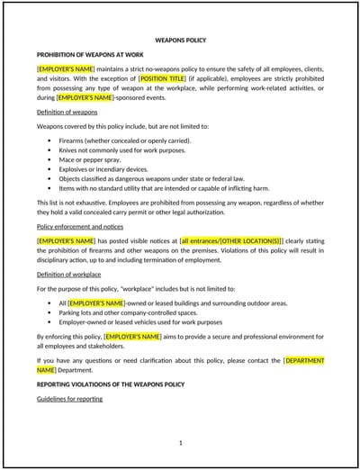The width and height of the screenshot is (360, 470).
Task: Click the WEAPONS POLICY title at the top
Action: pos(181,41)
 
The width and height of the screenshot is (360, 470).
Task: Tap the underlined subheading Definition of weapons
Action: pos(67,112)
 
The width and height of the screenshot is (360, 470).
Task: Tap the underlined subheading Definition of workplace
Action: pos(69,274)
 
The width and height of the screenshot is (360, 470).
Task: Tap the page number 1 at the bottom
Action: pos(181,443)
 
